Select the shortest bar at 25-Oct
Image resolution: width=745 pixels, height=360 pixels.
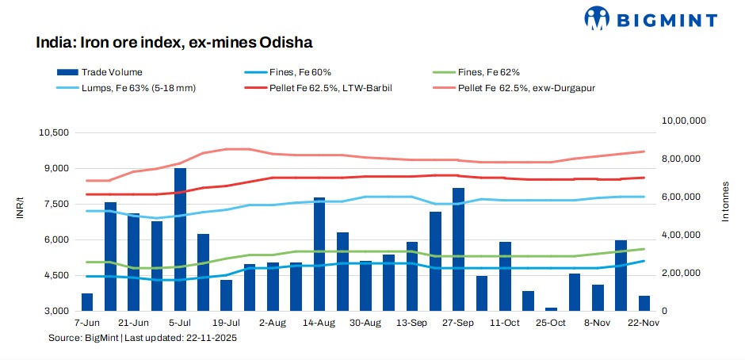tap(551, 308)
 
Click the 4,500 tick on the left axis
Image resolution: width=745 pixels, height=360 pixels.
tap(56, 275)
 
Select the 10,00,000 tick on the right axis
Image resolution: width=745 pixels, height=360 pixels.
tap(682, 121)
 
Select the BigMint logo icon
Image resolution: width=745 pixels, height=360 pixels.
tap(597, 17)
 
